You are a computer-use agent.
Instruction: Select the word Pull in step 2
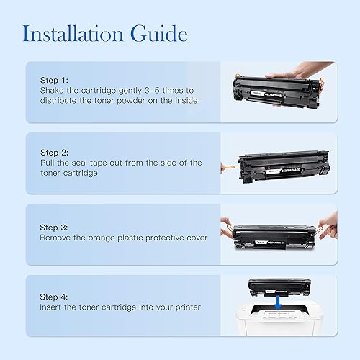[48, 163]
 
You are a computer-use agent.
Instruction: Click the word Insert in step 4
[52, 307]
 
